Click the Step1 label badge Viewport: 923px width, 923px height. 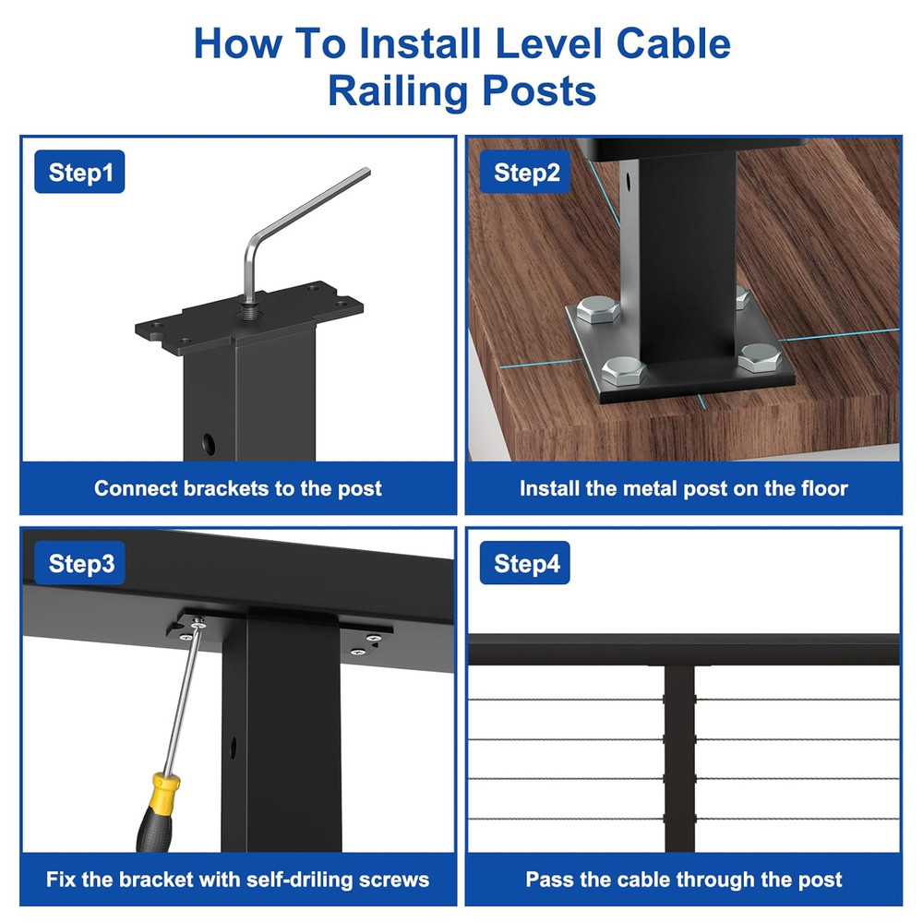(x=79, y=173)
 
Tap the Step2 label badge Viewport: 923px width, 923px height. (x=526, y=173)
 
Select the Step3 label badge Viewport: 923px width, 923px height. (x=81, y=563)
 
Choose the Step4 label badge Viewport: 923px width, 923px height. (x=525, y=563)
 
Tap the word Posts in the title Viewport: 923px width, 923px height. (x=541, y=91)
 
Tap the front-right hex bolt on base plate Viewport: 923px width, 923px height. (x=759, y=356)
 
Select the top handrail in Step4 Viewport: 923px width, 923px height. (x=683, y=650)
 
